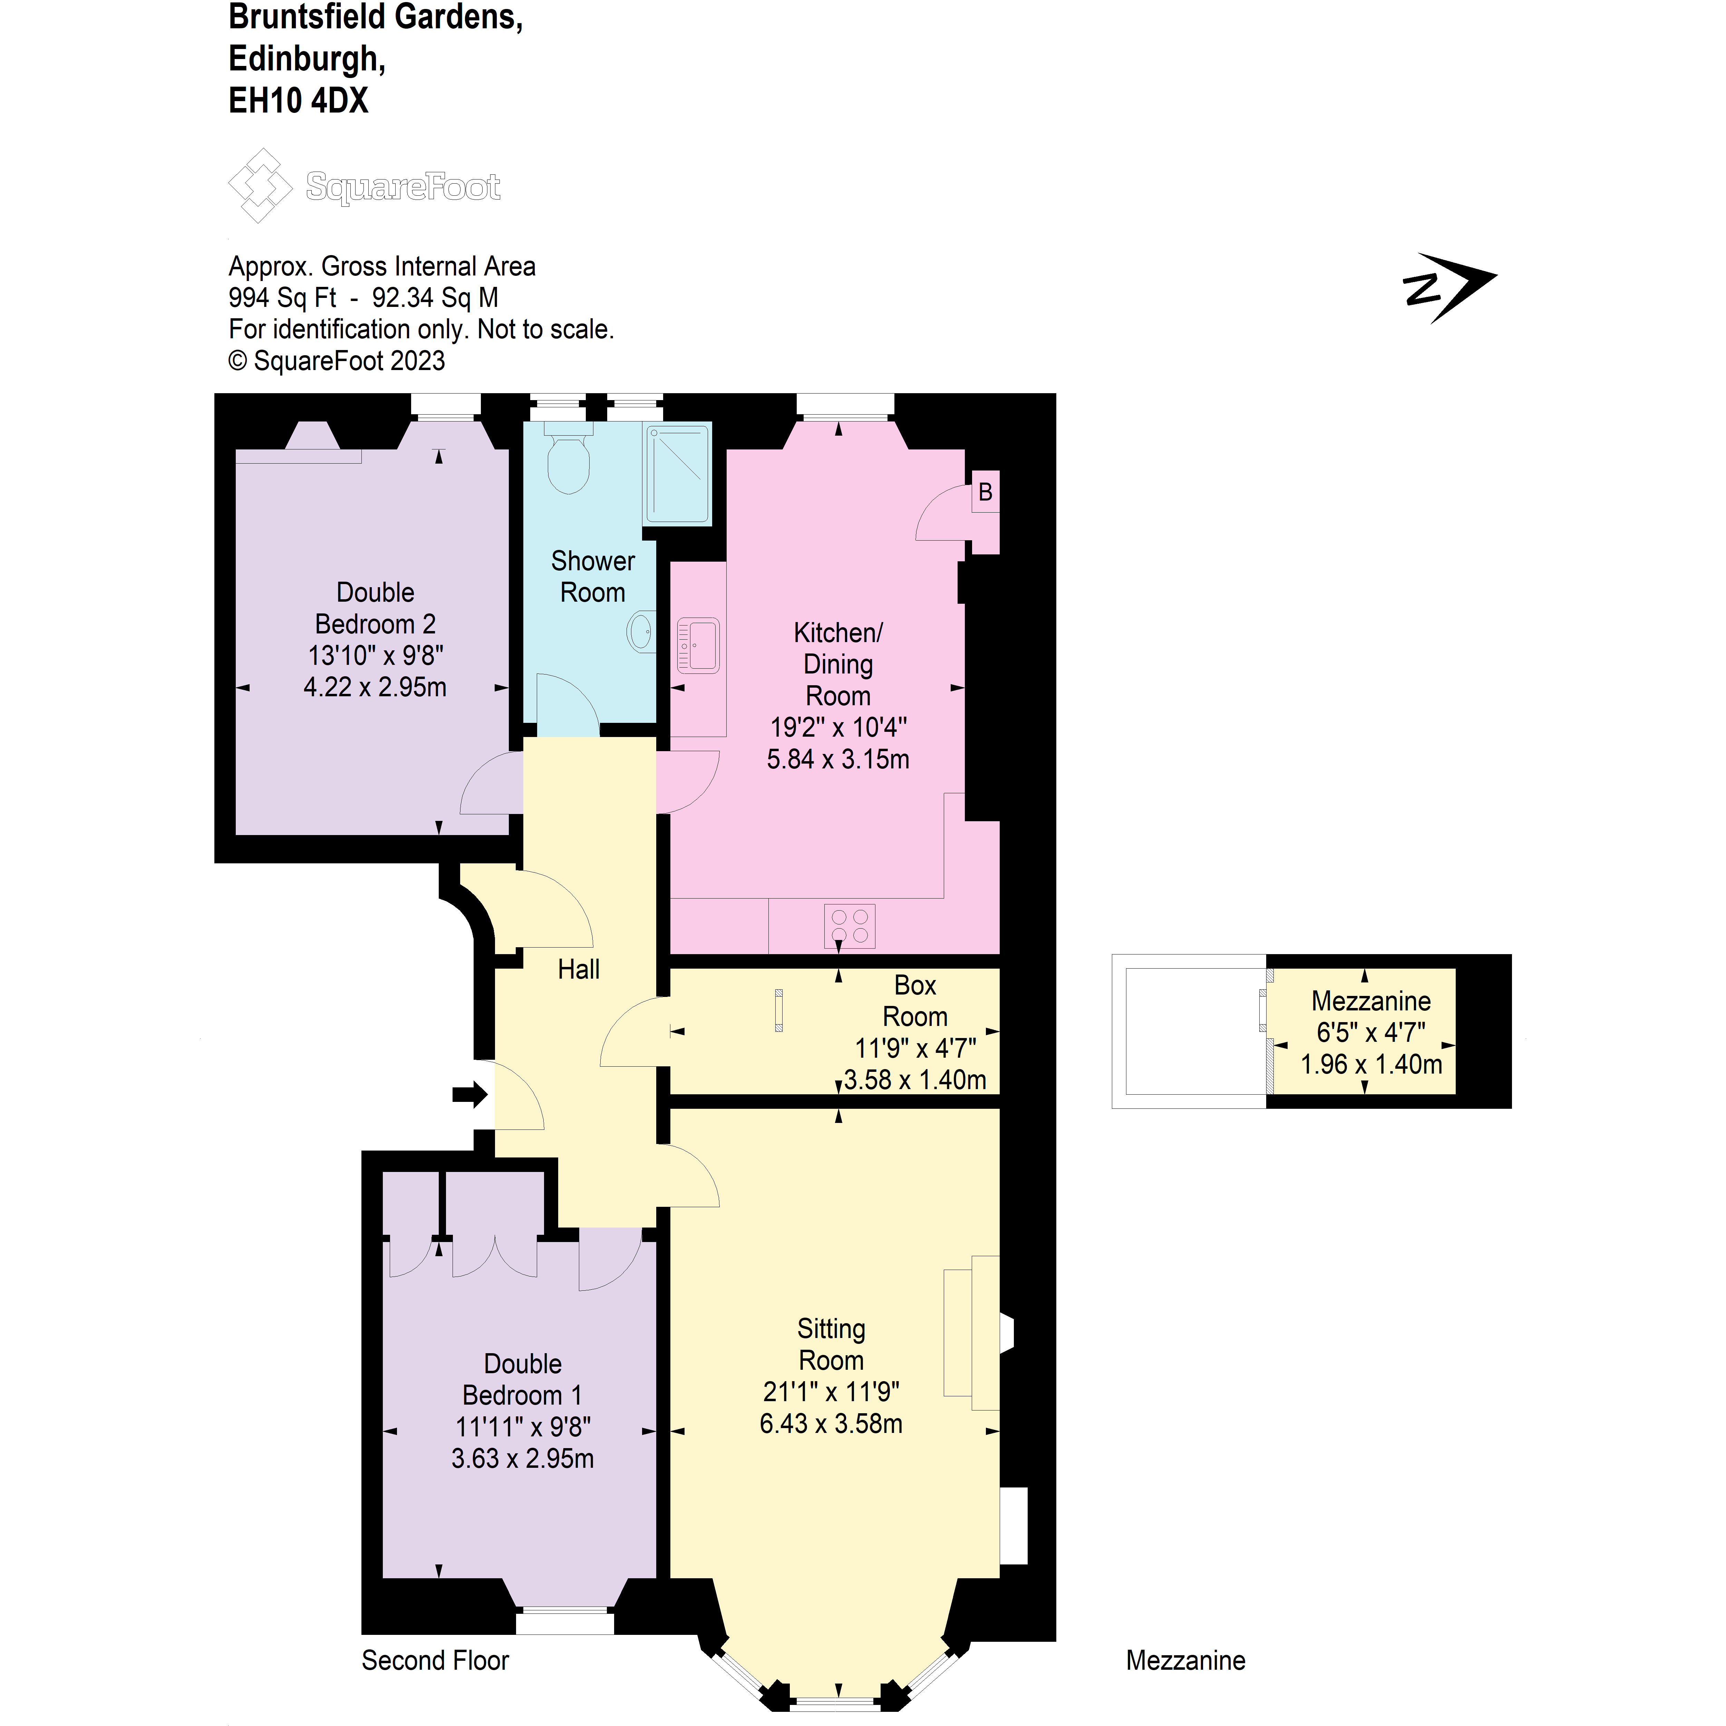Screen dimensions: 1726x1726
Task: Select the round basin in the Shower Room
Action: click(641, 632)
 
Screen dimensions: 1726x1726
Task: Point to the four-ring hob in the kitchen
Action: click(850, 925)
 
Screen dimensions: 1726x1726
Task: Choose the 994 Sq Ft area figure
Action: click(282, 298)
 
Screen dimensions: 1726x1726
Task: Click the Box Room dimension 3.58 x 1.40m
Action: click(915, 1080)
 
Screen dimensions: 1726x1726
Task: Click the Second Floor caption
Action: click(435, 1661)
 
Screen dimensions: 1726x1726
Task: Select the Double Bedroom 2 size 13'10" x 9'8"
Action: click(375, 656)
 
